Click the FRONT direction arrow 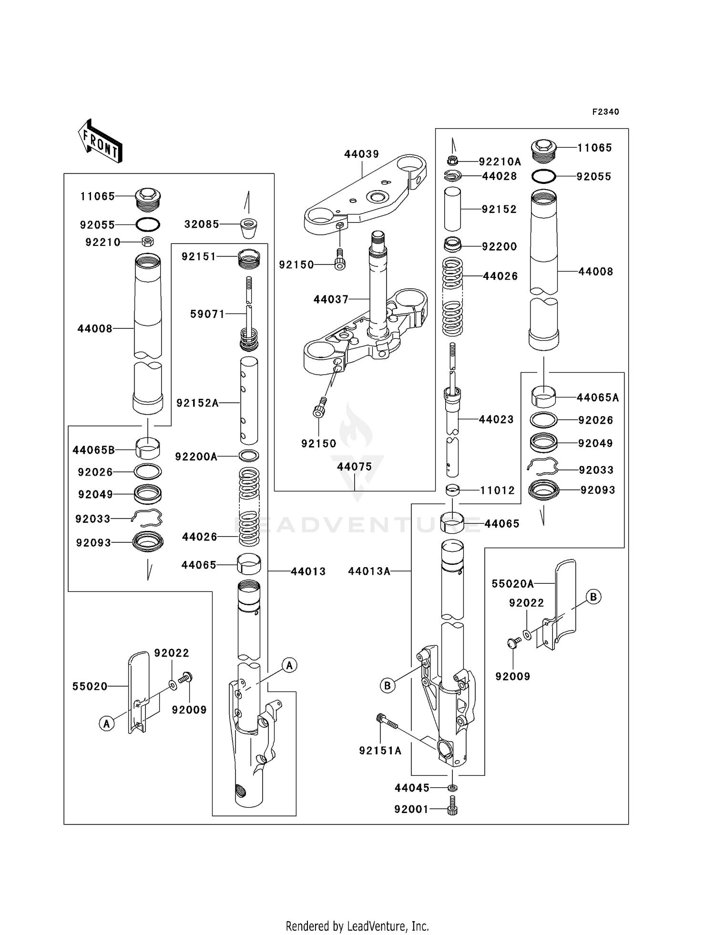click(100, 141)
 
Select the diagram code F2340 click(605, 112)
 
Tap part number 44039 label click(361, 154)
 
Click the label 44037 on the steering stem click(331, 299)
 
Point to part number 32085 click(202, 224)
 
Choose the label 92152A click(197, 403)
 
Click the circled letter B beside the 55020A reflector click(593, 597)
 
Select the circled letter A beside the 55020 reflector click(106, 724)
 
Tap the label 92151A click(380, 751)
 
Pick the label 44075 click(354, 467)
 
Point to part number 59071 click(207, 314)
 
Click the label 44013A click(369, 571)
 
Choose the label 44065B click(93, 450)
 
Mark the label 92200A click(196, 457)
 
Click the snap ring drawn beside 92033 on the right click(543, 466)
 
